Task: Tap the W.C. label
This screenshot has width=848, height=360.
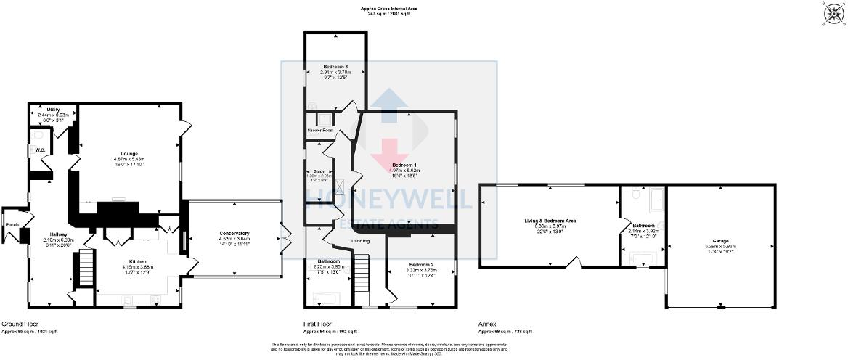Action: (x=41, y=150)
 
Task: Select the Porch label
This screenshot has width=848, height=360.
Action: (x=12, y=224)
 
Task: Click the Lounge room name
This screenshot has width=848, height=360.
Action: (x=129, y=153)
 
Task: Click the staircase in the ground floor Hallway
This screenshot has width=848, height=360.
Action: (x=86, y=268)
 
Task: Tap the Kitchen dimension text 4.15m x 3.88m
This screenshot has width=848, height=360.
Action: (x=138, y=267)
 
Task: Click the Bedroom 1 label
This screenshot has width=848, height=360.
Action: (x=404, y=164)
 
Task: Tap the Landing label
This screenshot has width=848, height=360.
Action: (x=361, y=241)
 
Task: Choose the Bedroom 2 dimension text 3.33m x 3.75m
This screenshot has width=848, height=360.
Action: (x=423, y=270)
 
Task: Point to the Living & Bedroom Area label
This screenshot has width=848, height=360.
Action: (x=550, y=220)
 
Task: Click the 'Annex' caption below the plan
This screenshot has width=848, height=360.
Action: (x=487, y=324)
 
